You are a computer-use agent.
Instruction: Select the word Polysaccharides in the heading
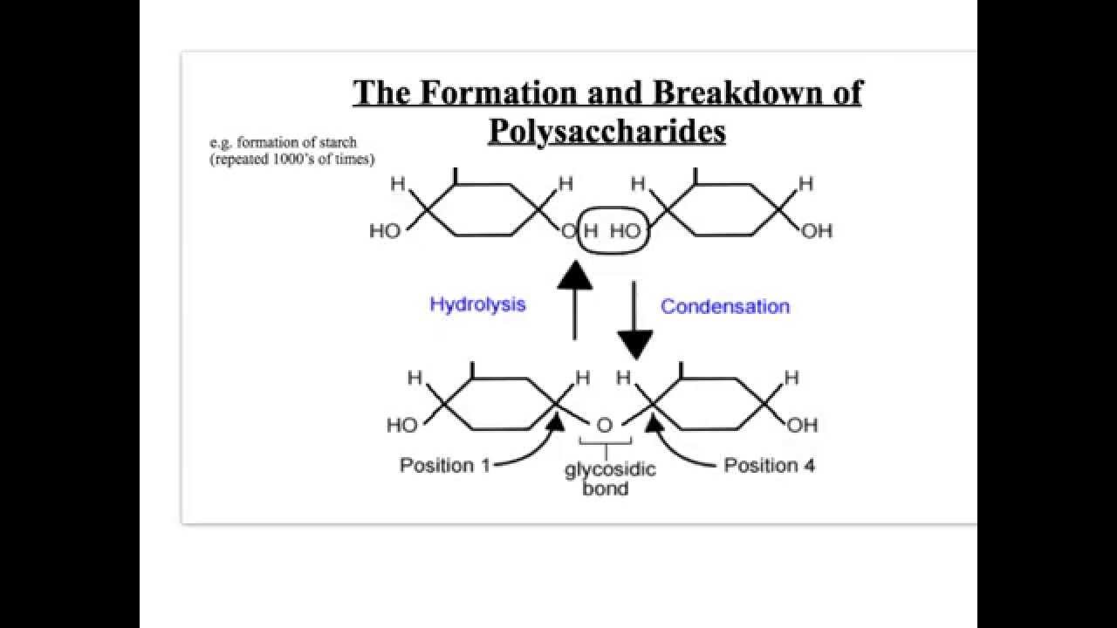coord(606,131)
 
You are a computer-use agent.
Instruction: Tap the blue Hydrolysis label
coord(477,304)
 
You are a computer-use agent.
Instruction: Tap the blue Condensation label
coord(724,306)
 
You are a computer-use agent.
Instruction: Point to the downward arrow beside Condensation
coord(634,318)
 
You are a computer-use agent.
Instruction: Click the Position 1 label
coord(444,465)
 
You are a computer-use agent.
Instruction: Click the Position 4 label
coord(769,465)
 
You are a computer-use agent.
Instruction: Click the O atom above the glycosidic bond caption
coord(604,426)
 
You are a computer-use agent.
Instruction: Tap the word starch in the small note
coord(341,142)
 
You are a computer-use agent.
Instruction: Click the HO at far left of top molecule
coord(385,232)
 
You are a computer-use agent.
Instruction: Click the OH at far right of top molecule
coord(816,232)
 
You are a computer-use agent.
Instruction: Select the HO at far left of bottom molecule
coord(402,426)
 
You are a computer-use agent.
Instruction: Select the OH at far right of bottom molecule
coord(802,426)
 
